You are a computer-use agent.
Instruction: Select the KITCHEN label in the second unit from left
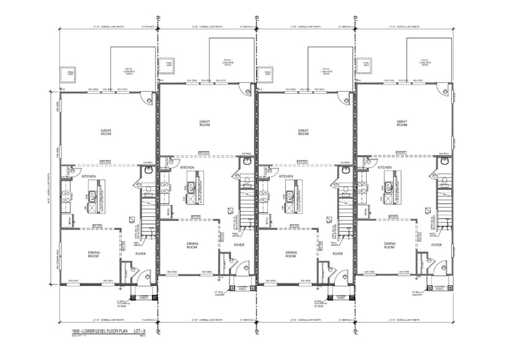(187, 167)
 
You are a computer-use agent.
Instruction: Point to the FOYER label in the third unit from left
(338, 254)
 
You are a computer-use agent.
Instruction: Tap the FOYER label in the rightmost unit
(436, 245)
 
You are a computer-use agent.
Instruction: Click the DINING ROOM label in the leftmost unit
(94, 254)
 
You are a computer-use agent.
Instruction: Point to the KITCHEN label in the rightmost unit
(384, 167)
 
